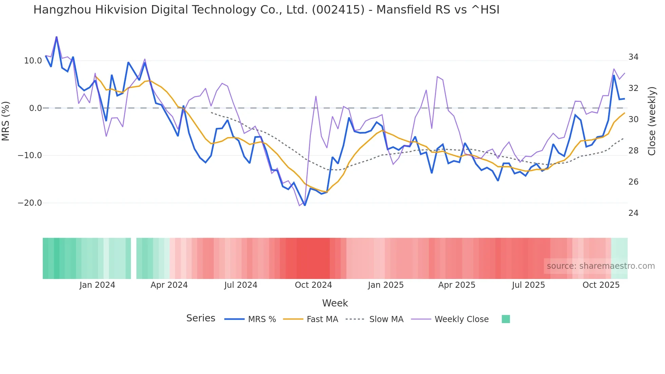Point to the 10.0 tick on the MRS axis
pos(33,61)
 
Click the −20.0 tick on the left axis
pos(30,203)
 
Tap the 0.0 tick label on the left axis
pos(35,108)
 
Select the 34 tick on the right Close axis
pos(633,57)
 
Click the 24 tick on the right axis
pos(633,213)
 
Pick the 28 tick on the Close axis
pos(633,151)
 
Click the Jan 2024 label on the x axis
pos(97,285)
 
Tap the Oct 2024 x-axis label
pos(313,285)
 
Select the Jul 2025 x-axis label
pos(528,285)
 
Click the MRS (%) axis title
pos(6,121)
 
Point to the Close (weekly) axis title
pos(652,121)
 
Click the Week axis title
pos(335,303)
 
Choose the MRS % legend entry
pos(262,319)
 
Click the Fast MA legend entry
pos(322,319)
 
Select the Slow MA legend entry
pos(386,319)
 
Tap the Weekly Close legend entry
pos(461,319)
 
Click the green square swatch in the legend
pos(506,319)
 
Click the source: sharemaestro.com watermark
pos(601,266)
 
